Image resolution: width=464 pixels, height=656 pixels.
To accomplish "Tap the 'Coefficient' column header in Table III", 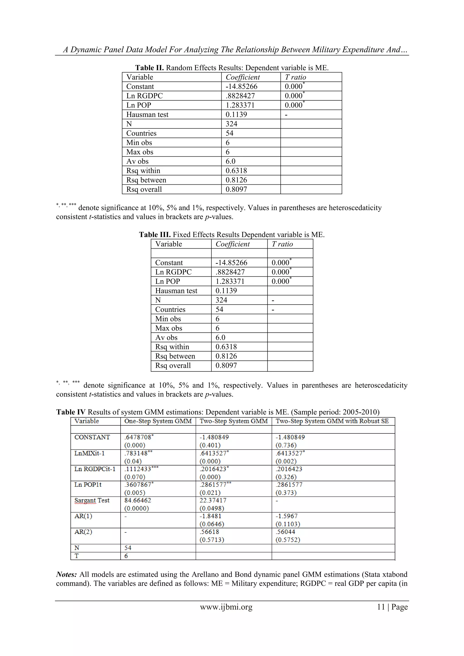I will (x=233, y=244).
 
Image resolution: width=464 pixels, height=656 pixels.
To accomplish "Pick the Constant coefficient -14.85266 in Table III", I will (x=231, y=263).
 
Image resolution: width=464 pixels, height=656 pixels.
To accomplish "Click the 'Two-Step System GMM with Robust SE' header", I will (x=332, y=421).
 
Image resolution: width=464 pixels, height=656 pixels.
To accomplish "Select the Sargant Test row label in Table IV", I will (x=92, y=500).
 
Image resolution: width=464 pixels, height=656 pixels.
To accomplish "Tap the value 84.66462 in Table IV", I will (x=138, y=500).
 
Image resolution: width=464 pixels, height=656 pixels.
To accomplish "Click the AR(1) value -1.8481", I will (x=210, y=516).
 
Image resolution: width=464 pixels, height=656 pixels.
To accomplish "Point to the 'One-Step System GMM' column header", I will (x=158, y=421).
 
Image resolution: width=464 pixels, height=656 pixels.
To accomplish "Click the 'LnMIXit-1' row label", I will (x=89, y=453).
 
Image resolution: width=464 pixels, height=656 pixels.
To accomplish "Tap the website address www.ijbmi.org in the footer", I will (x=226, y=607).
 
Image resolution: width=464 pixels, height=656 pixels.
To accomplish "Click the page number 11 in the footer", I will (x=381, y=607).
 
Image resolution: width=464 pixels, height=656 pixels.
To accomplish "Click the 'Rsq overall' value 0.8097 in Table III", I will (x=226, y=366).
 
